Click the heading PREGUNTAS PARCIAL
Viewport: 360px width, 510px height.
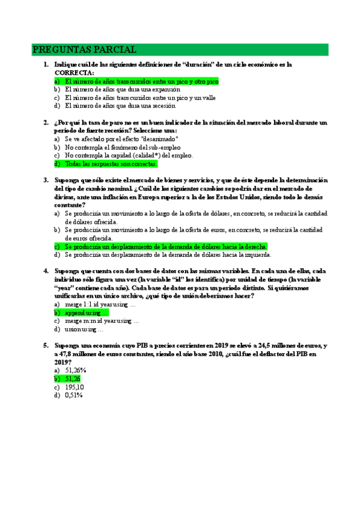84,49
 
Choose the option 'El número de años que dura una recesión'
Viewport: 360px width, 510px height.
120,106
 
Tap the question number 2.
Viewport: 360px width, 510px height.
45,123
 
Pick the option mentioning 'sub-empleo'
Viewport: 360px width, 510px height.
123,147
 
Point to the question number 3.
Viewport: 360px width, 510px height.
45,180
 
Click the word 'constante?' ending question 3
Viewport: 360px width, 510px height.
69,205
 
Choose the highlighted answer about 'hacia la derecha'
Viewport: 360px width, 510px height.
165,247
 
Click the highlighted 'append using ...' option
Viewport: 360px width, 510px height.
87,313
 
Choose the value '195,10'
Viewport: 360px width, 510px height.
74,387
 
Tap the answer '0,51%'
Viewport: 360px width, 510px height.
73,396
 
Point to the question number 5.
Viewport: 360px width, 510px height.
45,346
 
